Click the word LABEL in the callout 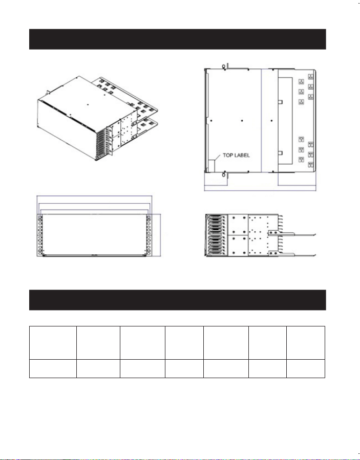(x=242, y=156)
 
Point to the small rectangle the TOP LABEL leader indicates (x=211, y=166)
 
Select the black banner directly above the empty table (x=177, y=300)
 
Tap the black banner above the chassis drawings (x=177, y=39)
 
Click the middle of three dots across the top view (x=242, y=120)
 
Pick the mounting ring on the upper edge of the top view (x=223, y=67)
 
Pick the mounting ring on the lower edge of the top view (x=223, y=175)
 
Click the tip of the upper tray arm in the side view (x=315, y=234)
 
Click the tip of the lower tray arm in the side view (x=315, y=255)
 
